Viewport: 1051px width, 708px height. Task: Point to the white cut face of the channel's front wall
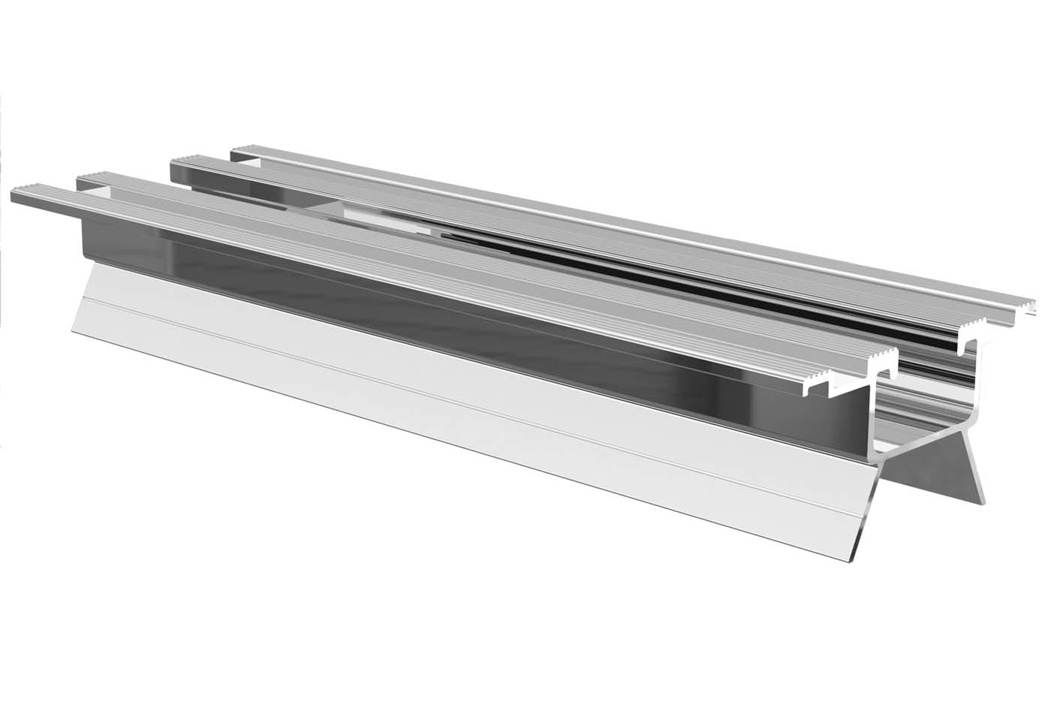pos(872,420)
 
